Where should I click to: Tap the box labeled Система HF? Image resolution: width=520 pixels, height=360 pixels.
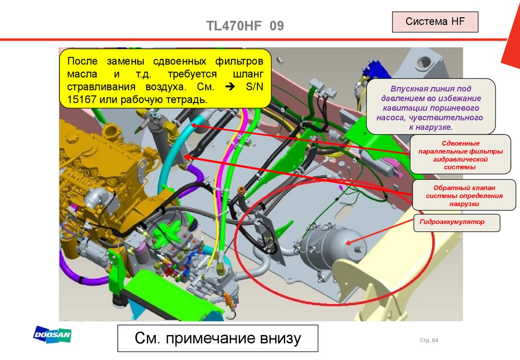(435, 22)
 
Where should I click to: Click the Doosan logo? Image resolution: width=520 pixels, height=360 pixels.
(52, 335)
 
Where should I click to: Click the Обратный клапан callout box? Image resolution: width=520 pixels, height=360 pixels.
(457, 195)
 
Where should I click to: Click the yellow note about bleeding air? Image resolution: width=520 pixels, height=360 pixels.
(165, 78)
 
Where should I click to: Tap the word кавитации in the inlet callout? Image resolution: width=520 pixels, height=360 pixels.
(401, 109)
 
